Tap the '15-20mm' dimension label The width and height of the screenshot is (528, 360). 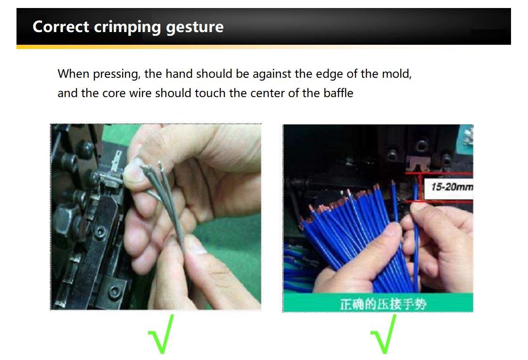452,187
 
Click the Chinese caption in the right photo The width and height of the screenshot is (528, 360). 383,304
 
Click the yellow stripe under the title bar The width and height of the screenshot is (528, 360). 141,47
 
